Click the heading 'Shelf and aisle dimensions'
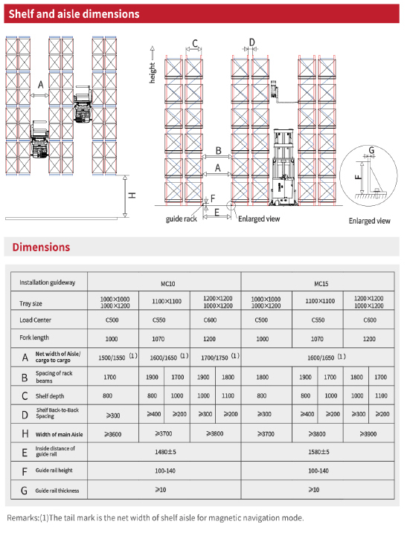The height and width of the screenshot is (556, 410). coord(74,13)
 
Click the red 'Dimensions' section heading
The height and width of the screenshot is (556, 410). coord(41,247)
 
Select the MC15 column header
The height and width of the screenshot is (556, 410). coord(321,283)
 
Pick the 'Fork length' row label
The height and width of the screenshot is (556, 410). coord(34,338)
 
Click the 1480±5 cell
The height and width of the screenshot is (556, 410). coord(164,451)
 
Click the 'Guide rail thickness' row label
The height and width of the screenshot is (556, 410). coord(57,491)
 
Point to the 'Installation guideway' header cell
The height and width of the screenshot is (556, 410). coord(48,283)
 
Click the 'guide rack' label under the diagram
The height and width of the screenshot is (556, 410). coord(181,219)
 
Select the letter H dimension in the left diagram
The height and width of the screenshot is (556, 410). coord(132,195)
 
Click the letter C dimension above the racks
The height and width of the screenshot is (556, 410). coord(195,42)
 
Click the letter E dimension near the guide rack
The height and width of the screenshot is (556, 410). coord(216,213)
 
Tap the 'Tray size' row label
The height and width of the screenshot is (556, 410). coord(31,303)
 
